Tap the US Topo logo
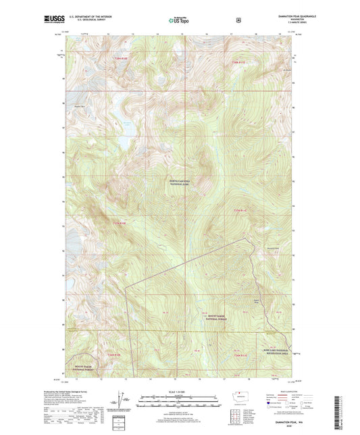click(x=179, y=20)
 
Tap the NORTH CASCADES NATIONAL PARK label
click(x=180, y=182)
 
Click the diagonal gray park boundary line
click(x=182, y=263)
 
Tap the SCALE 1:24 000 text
click(x=179, y=392)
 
